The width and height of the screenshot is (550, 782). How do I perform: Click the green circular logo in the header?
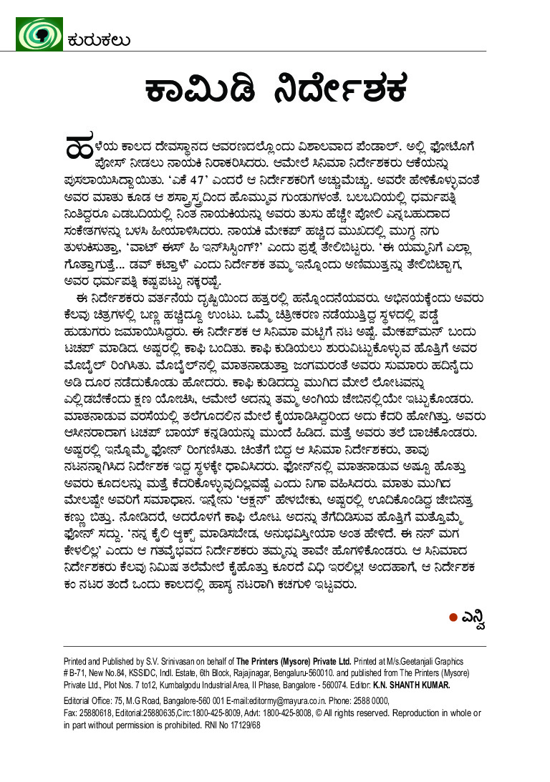pyautogui.click(x=39, y=34)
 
